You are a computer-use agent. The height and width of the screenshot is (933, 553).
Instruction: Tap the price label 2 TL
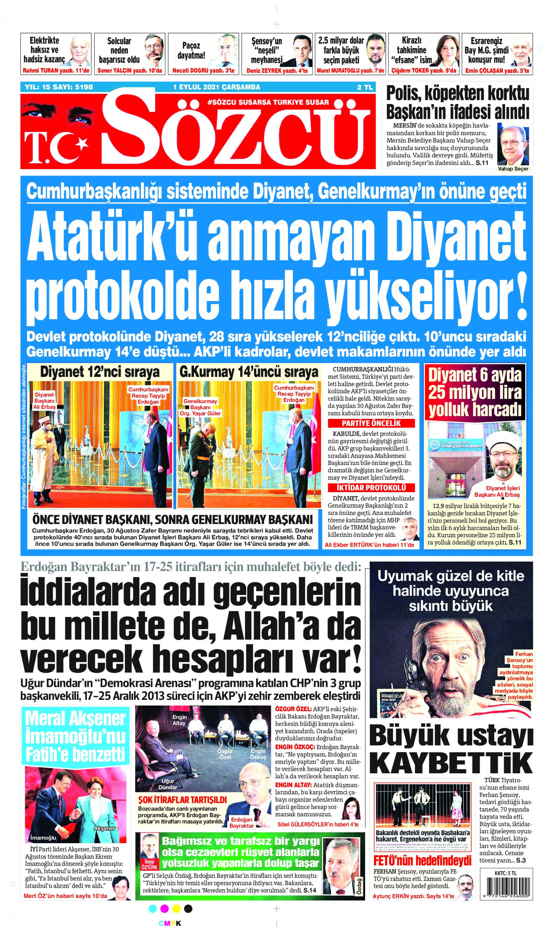pos(365,87)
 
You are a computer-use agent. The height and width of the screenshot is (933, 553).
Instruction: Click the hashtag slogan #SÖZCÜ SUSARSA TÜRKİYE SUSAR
pos(268,102)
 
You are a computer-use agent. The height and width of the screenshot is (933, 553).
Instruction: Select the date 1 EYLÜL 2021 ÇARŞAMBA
pos(216,87)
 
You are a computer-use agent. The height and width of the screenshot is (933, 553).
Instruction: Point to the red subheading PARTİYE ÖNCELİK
pos(371,424)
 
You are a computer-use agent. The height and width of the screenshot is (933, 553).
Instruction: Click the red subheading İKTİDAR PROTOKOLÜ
pos(371,487)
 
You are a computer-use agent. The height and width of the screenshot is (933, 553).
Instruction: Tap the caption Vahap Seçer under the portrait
pos(513,169)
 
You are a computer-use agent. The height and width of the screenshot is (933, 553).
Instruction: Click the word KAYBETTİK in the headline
pos(451,763)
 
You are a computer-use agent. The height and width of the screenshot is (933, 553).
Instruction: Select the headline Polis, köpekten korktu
pos(457,93)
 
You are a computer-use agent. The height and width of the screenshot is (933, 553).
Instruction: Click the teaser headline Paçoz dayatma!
pos(191,50)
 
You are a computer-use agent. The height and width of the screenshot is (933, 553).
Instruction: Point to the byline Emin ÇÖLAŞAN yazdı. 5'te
pos(497,71)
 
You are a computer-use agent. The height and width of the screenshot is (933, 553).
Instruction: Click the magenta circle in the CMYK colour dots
pos(164,908)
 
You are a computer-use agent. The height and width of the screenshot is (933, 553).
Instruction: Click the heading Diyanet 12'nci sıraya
pos(100,372)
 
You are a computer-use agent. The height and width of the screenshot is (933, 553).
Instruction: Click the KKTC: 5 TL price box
pos(505,873)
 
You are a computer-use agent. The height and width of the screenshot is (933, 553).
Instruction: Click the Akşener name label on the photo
pos(105,828)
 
